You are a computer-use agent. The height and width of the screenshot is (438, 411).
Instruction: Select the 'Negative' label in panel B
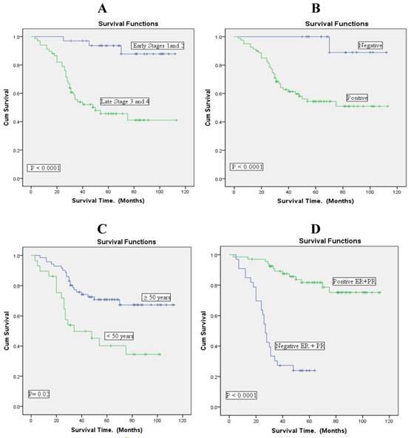[371, 46]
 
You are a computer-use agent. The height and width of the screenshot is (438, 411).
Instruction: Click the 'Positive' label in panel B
[356, 98]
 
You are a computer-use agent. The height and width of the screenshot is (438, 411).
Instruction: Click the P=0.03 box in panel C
[39, 393]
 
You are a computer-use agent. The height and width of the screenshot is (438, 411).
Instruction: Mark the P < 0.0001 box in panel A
[44, 168]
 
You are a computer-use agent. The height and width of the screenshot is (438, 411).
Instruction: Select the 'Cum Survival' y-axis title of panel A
[5, 107]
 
